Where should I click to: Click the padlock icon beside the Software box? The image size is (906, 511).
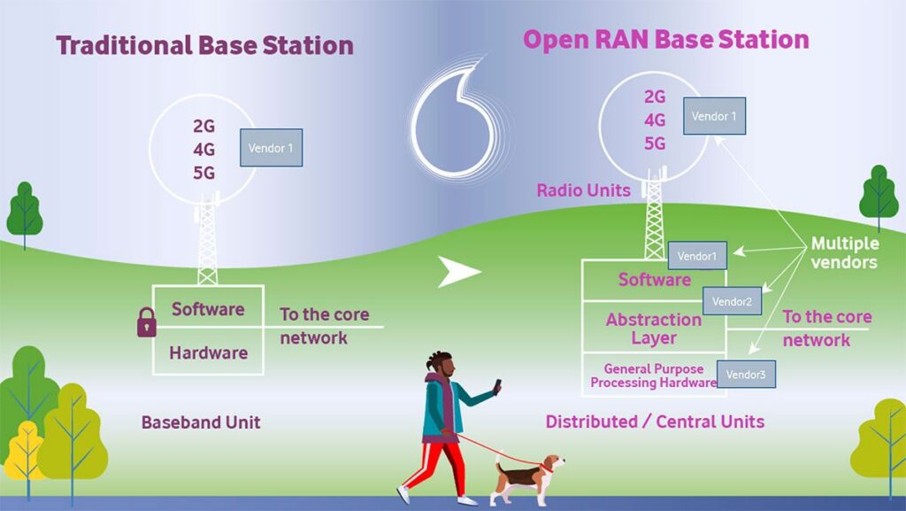click(147, 322)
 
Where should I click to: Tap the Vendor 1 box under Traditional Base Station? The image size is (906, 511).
click(271, 147)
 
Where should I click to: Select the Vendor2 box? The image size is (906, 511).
click(732, 301)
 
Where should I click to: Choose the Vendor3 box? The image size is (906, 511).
click(746, 375)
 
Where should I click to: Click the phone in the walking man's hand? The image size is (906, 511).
click(497, 387)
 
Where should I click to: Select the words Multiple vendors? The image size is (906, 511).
click(844, 252)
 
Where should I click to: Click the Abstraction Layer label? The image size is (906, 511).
click(654, 329)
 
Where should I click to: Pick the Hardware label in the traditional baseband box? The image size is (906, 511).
click(209, 352)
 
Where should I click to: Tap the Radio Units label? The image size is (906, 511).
click(584, 190)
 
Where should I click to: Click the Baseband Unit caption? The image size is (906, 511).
click(201, 422)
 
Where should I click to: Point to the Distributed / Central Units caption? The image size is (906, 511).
click(656, 422)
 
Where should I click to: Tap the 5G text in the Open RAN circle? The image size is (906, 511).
click(655, 143)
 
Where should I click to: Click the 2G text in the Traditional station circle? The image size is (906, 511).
click(204, 126)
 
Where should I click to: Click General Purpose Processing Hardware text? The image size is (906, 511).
click(654, 376)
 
